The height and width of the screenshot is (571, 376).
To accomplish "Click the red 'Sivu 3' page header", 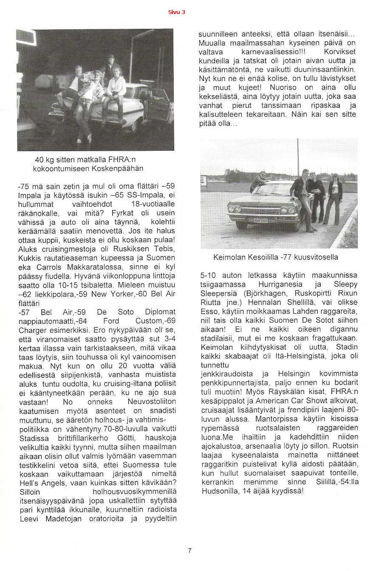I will click(x=176, y=12).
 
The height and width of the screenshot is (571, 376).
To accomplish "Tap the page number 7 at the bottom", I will click(x=189, y=551).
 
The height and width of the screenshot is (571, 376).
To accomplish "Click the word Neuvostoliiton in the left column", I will click(x=152, y=402).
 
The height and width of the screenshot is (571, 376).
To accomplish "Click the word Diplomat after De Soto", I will click(x=160, y=312).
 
